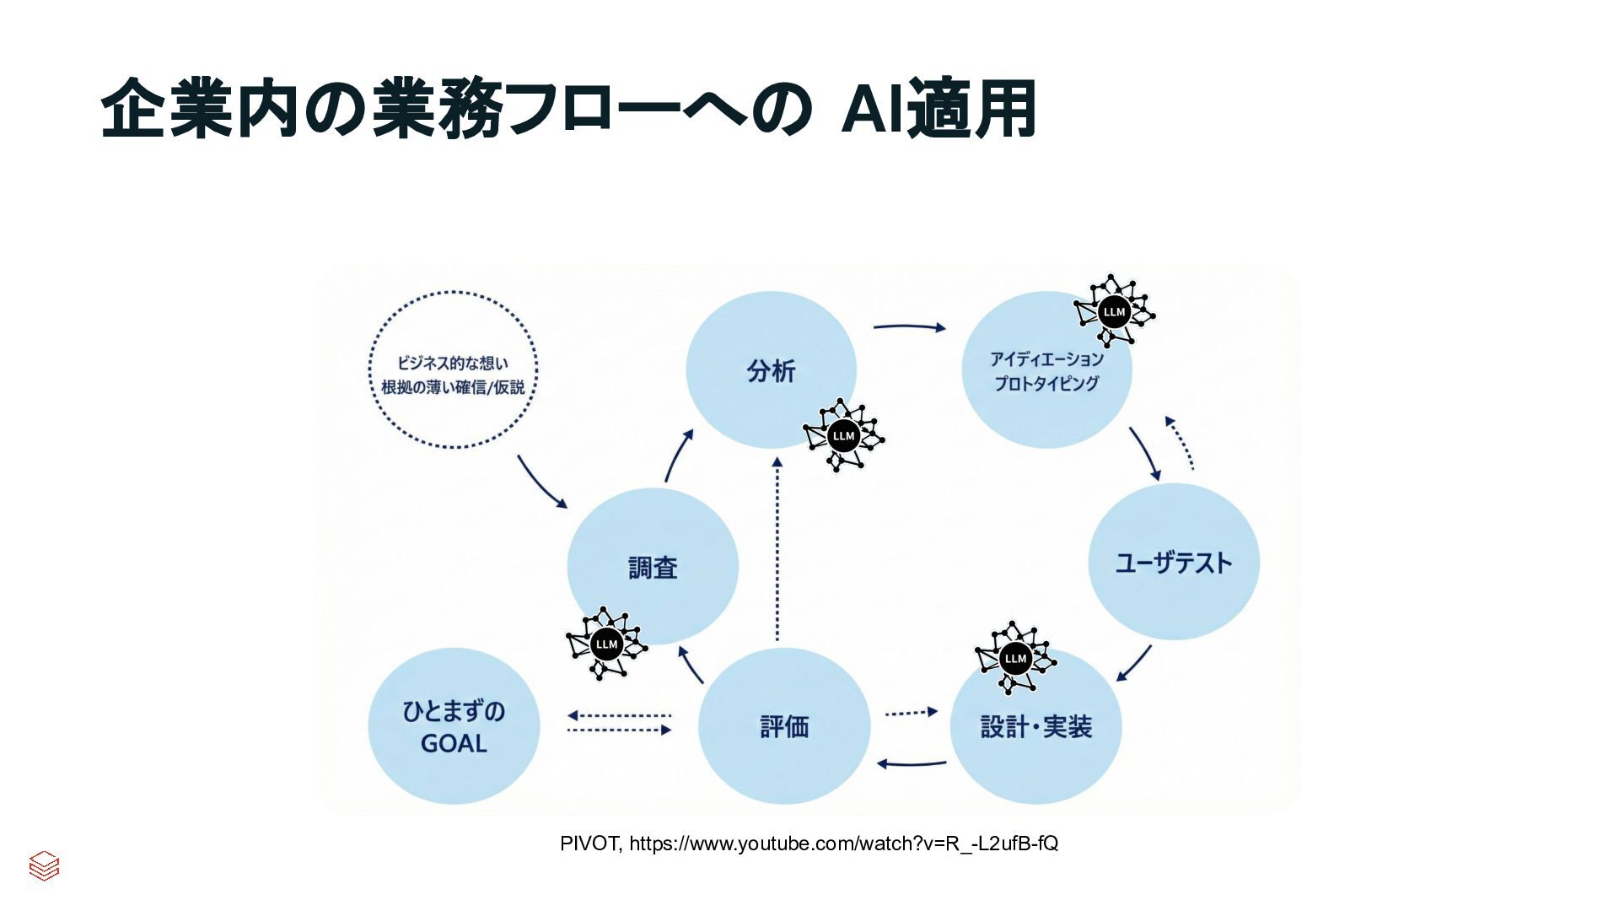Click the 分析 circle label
click(771, 371)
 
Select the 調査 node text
click(653, 568)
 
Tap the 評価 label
click(784, 726)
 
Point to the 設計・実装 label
click(1036, 726)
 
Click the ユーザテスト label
click(1173, 563)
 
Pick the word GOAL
click(454, 744)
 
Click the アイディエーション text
click(1046, 359)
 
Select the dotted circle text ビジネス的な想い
click(453, 364)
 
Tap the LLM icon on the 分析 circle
click(843, 435)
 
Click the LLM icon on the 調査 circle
click(606, 644)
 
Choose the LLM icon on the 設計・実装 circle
click(1015, 658)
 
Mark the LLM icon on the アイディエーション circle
click(1114, 311)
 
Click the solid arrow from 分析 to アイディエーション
click(909, 326)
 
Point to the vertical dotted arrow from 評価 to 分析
click(777, 548)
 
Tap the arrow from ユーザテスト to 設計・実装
click(1134, 664)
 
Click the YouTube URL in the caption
click(843, 844)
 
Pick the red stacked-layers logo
click(44, 865)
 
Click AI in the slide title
click(873, 109)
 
